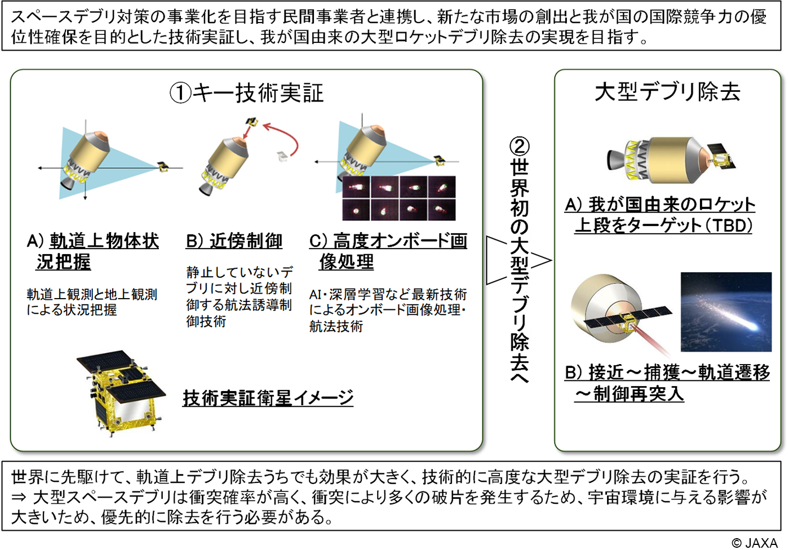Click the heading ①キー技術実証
(x=247, y=93)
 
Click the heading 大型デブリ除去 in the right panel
(x=667, y=92)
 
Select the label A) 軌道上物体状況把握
(x=92, y=251)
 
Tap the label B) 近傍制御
(x=234, y=241)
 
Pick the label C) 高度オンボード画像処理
(x=388, y=251)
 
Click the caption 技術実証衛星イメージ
(x=268, y=398)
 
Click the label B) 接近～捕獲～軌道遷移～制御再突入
(x=667, y=383)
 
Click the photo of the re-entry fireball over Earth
(x=726, y=312)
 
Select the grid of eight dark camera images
(x=399, y=198)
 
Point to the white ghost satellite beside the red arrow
(x=282, y=156)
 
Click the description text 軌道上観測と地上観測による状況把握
(x=92, y=302)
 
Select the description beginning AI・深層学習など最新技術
(x=388, y=310)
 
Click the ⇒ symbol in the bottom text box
(x=19, y=497)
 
